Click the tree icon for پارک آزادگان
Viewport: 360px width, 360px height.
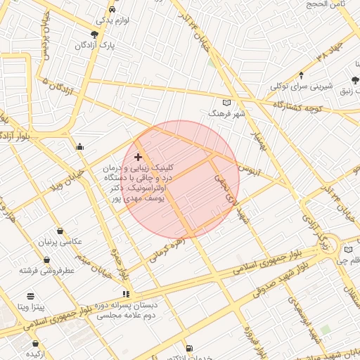click(95, 34)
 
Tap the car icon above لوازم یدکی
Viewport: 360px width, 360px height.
click(113, 10)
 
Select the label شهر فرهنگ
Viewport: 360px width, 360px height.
click(230, 114)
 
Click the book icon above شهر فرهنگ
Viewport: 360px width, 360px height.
click(225, 103)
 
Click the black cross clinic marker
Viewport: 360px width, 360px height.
click(138, 157)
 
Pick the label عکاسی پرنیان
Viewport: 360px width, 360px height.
click(60, 242)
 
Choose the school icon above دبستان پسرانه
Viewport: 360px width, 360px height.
click(126, 294)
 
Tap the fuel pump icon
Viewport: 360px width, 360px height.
click(188, 348)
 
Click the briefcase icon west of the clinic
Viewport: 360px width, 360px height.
click(79, 147)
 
